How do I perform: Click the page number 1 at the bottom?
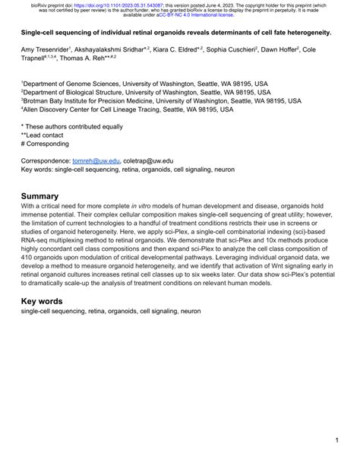(336, 440)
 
